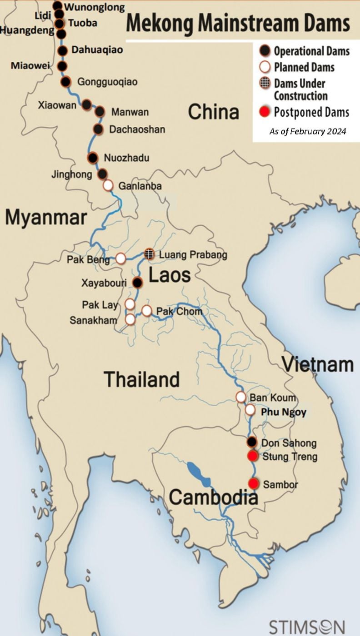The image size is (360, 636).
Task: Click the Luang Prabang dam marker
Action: (x=150, y=254)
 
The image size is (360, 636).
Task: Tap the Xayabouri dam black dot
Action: (x=137, y=283)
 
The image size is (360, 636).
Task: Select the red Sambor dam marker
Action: (x=254, y=484)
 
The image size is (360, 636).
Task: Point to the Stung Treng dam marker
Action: (x=252, y=456)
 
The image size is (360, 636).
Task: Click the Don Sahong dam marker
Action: (x=252, y=442)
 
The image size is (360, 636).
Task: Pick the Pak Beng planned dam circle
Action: (x=121, y=258)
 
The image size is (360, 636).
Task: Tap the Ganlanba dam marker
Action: (x=108, y=185)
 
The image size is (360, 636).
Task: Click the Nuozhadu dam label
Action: (x=126, y=158)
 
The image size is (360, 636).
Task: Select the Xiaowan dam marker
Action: (x=87, y=104)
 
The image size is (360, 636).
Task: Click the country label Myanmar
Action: (x=45, y=218)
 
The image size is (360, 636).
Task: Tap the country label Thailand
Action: (x=142, y=379)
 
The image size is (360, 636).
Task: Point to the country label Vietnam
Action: (x=318, y=364)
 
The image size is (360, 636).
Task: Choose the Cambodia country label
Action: (x=213, y=498)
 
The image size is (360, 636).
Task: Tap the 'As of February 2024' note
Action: (x=308, y=131)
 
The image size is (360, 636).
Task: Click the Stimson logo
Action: (x=307, y=626)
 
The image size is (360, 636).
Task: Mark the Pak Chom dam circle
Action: (x=146, y=311)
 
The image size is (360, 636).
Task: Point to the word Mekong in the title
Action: (x=160, y=23)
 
